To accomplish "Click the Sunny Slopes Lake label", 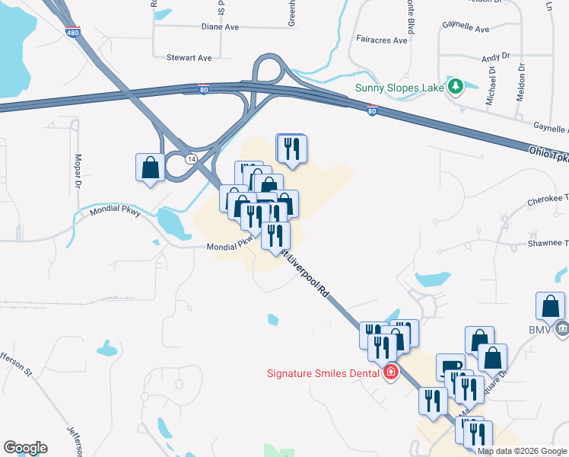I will pyautogui.click(x=400, y=86).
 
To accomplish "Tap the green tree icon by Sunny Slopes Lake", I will pyautogui.click(x=456, y=86).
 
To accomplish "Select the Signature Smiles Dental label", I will pyautogui.click(x=325, y=372).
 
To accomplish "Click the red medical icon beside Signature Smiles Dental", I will pyautogui.click(x=391, y=372).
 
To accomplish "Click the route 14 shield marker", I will pyautogui.click(x=190, y=158).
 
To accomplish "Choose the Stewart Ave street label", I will pyautogui.click(x=189, y=57).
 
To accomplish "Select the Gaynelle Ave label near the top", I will pyautogui.click(x=467, y=29).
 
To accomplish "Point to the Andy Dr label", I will pyautogui.click(x=494, y=58).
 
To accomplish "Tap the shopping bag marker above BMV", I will pyautogui.click(x=550, y=306).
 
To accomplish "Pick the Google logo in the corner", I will pyautogui.click(x=25, y=448).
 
